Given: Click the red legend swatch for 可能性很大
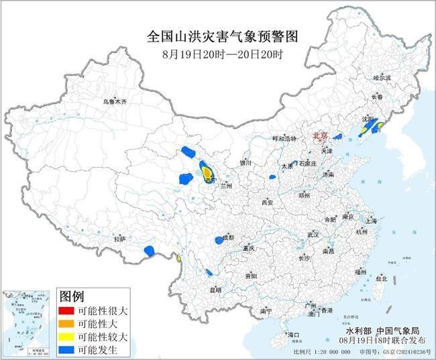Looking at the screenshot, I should [x=67, y=311].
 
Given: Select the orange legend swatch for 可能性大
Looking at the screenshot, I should [x=67, y=324].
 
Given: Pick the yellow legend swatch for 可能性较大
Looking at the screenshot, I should [x=67, y=337].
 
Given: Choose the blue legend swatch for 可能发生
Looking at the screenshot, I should [x=67, y=349].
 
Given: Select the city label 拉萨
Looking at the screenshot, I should [x=119, y=239].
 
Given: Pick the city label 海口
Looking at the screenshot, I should [x=292, y=334].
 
